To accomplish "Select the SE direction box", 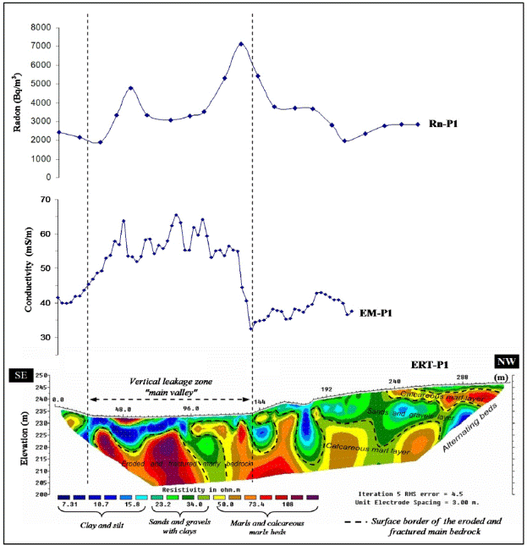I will [x=19, y=374].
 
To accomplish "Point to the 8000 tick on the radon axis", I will [x=38, y=27].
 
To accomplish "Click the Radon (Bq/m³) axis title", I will [x=18, y=102].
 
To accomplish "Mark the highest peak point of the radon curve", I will [x=241, y=43].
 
